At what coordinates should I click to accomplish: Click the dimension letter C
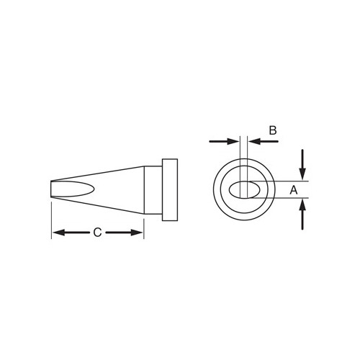pos(97,233)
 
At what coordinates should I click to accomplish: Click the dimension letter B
pos(273,130)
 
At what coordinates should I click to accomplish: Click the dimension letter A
pos(294,190)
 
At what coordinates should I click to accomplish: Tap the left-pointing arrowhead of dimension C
pos(58,233)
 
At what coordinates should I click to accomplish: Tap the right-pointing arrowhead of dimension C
pos(137,233)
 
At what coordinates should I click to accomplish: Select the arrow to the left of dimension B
pos(224,141)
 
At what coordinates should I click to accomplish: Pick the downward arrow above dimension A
pos(302,165)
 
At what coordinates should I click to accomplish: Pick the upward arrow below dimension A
pos(302,215)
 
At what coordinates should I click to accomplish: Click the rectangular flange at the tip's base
pos(170,190)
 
